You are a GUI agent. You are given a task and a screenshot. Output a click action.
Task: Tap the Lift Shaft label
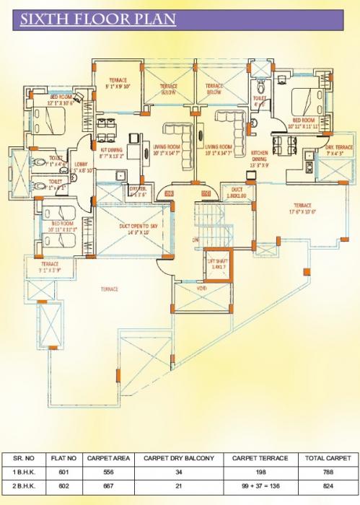coord(216,262)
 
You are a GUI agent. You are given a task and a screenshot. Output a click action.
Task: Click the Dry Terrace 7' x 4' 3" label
coord(319,149)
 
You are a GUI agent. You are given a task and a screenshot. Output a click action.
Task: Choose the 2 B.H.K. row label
coord(25,484)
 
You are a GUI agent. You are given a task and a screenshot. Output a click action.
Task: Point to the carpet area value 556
coord(107,471)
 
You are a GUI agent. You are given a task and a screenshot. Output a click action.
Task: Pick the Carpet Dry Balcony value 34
coord(177,471)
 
